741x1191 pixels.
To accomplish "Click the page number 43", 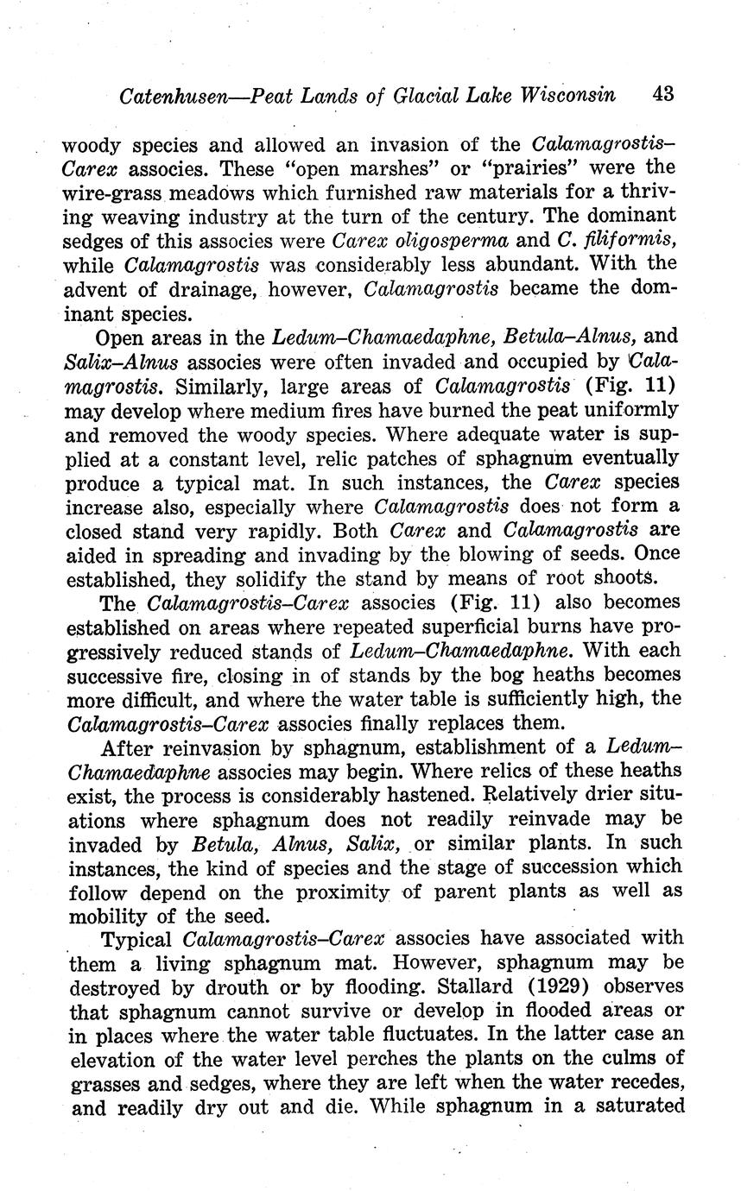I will (x=663, y=94).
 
